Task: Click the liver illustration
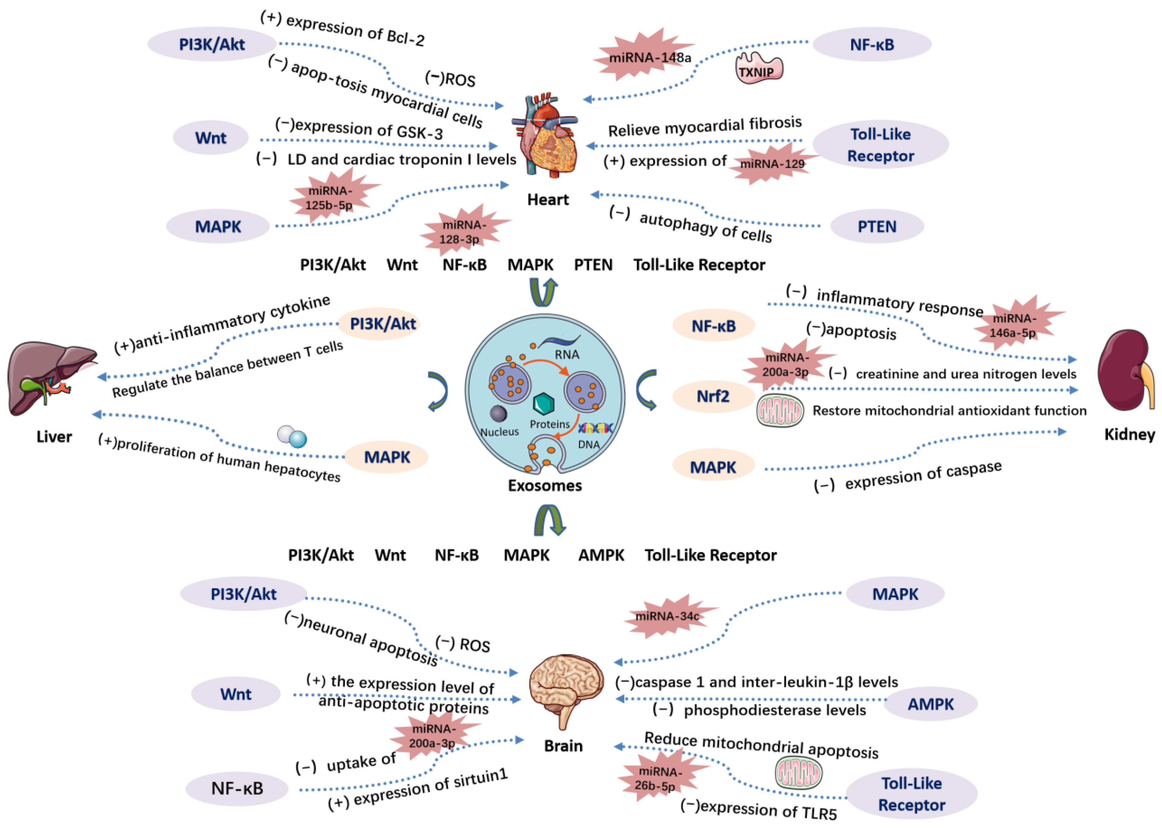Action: tap(51, 377)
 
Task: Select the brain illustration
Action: tap(566, 688)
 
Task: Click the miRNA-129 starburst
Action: tap(772, 163)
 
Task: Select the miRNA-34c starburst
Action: tap(668, 616)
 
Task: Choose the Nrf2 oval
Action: tap(713, 396)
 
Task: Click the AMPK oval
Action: tap(930, 704)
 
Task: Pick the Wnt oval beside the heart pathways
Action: tap(210, 138)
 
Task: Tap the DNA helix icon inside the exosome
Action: tap(594, 428)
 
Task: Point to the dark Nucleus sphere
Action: tap(498, 414)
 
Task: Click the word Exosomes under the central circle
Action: tap(544, 485)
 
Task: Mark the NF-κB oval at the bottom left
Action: tap(237, 788)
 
